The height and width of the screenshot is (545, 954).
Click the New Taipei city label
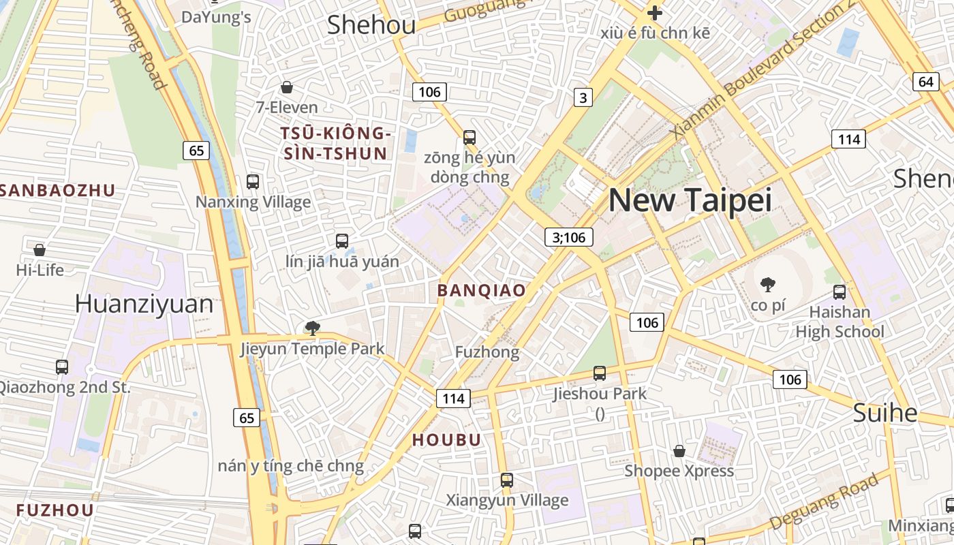[690, 200]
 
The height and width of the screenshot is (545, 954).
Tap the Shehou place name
[371, 25]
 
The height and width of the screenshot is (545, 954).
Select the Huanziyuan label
[144, 304]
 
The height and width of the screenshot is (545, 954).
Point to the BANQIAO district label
[482, 290]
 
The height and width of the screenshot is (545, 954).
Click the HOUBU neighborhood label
[447, 440]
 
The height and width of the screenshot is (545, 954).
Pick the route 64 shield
[925, 82]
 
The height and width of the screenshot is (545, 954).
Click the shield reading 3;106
[569, 237]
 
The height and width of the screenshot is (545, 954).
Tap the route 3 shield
[582, 98]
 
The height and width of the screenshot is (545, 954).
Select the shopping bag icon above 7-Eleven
[287, 87]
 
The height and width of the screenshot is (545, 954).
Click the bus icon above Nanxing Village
[253, 182]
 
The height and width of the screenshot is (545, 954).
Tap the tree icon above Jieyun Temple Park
[313, 328]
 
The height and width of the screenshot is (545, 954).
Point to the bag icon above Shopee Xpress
[679, 451]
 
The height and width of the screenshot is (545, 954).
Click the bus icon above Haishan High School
[840, 292]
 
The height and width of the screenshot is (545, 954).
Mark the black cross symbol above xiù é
[655, 12]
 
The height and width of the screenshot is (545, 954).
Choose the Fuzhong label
[487, 352]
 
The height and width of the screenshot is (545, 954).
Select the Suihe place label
[885, 413]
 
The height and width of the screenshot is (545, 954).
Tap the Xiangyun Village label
[507, 500]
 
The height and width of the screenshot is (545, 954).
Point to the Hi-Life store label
[40, 270]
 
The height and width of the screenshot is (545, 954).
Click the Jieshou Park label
[600, 393]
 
